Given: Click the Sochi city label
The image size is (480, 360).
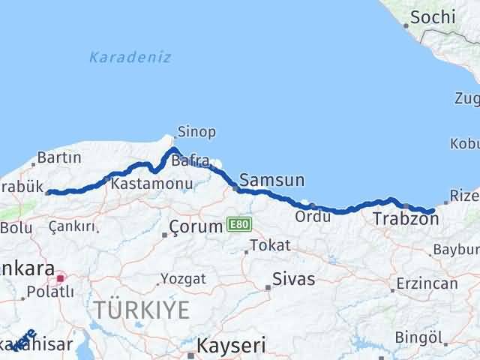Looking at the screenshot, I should click(433, 16).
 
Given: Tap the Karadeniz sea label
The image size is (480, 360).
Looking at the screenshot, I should click(130, 57).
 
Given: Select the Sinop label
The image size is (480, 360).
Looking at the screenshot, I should click(196, 132).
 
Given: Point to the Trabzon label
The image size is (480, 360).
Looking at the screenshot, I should click(405, 219).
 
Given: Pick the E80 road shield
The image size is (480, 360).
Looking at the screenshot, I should click(239, 224).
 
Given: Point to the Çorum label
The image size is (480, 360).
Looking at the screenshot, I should click(196, 226).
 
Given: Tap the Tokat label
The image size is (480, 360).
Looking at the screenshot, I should click(270, 245).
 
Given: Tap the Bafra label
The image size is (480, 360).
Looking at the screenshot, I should click(187, 160).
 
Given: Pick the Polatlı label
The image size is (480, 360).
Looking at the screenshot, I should click(46, 292).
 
